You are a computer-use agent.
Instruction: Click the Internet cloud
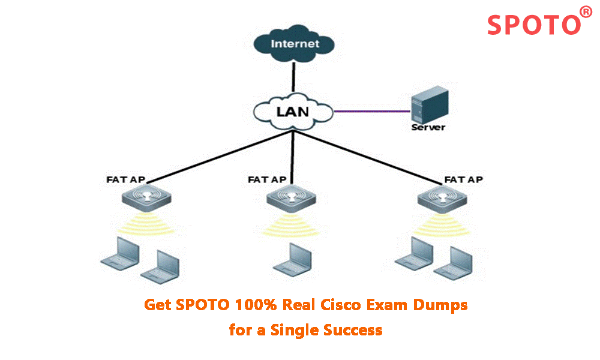click(x=294, y=43)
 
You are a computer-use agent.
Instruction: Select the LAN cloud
click(x=293, y=112)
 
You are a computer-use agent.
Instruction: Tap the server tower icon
click(x=428, y=106)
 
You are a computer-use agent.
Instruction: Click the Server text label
click(x=428, y=128)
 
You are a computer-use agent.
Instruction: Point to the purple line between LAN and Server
click(x=372, y=111)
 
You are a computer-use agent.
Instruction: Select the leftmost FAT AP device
click(x=146, y=197)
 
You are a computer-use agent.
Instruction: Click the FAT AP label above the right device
click(x=464, y=179)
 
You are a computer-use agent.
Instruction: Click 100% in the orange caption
click(x=257, y=305)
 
